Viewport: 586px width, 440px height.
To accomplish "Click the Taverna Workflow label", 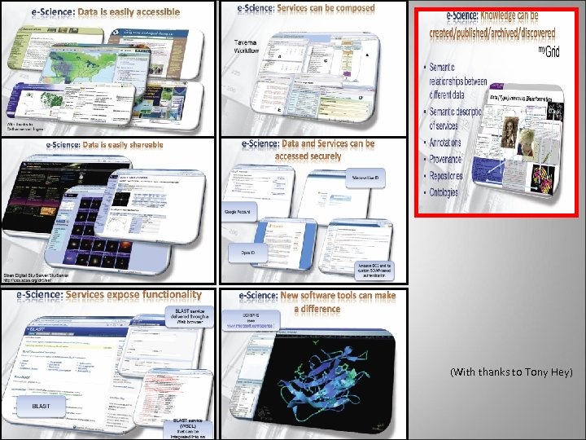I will (x=247, y=45).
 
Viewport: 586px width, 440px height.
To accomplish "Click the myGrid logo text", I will (x=550, y=51).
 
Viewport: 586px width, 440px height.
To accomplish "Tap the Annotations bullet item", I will (x=444, y=142).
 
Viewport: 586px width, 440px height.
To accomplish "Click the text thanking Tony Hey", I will (x=511, y=372).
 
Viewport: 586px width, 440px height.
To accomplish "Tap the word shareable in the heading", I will (x=137, y=145).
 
